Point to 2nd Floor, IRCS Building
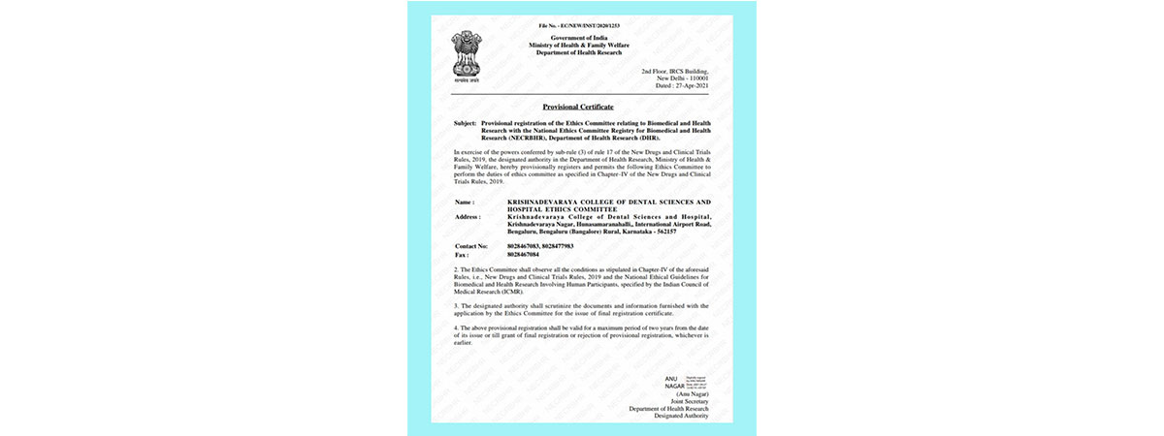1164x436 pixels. coord(675,72)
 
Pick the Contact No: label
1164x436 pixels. coord(472,246)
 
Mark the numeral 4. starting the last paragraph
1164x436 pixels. coord(456,328)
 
